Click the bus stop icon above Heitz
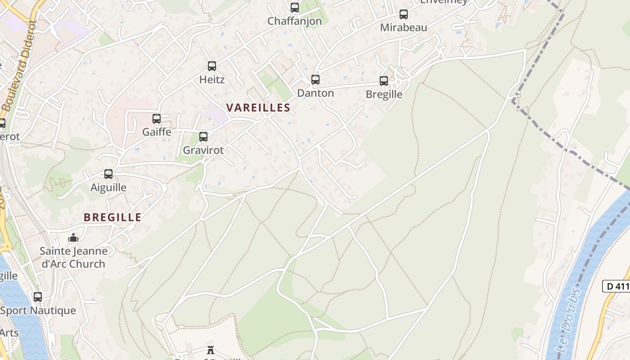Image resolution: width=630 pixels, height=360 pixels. click(212, 66)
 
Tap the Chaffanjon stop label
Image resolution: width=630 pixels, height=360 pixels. click(295, 21)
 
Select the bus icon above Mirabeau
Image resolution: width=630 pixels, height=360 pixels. click(404, 14)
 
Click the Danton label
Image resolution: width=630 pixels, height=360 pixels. click(315, 93)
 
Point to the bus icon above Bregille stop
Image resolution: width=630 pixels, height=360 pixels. click(384, 81)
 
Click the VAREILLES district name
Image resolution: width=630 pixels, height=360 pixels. click(258, 108)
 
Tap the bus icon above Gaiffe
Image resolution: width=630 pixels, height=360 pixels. click(157, 119)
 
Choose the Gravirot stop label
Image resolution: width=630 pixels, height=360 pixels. click(203, 150)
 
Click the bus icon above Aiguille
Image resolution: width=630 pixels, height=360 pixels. click(108, 174)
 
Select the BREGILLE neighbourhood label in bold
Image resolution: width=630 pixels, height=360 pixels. click(112, 217)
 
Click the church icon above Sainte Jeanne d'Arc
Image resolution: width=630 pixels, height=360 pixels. click(73, 238)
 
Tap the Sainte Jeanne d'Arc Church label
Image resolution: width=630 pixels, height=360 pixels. click(73, 257)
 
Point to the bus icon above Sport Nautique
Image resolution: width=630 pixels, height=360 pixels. click(38, 297)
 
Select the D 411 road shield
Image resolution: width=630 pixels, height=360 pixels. click(616, 286)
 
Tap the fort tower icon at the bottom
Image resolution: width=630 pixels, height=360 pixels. click(211, 350)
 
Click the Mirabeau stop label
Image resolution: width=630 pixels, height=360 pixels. click(404, 27)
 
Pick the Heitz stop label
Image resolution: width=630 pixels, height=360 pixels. click(212, 80)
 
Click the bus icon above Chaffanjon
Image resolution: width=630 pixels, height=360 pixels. click(295, 8)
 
